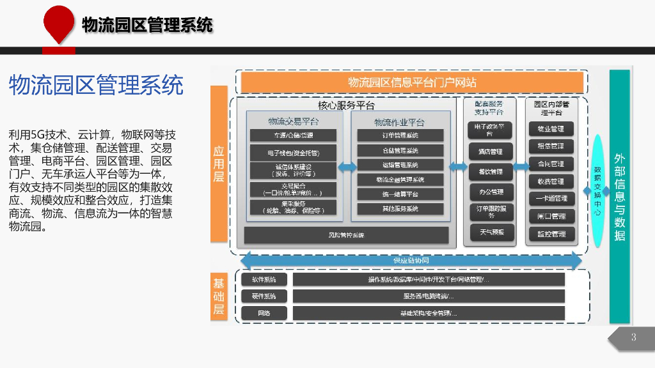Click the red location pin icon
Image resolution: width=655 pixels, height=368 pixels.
(x=59, y=22)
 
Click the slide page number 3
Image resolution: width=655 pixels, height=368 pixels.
(x=633, y=338)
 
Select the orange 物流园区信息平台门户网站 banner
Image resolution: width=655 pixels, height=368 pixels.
(x=411, y=82)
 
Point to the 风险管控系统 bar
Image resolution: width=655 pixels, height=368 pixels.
(x=346, y=235)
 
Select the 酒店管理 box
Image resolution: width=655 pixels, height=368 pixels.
(x=490, y=152)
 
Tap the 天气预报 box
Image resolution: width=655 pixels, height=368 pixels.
(x=490, y=232)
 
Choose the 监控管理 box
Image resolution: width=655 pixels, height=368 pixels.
(x=550, y=234)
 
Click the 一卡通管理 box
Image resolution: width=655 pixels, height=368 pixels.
(x=550, y=199)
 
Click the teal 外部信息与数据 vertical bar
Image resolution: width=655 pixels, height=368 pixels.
(x=619, y=196)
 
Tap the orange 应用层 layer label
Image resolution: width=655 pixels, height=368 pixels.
(x=219, y=164)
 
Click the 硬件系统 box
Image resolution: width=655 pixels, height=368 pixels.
(x=264, y=296)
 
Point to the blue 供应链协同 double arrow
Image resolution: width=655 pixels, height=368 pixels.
(x=410, y=261)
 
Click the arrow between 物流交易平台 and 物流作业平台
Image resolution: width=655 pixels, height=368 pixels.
(x=347, y=167)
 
